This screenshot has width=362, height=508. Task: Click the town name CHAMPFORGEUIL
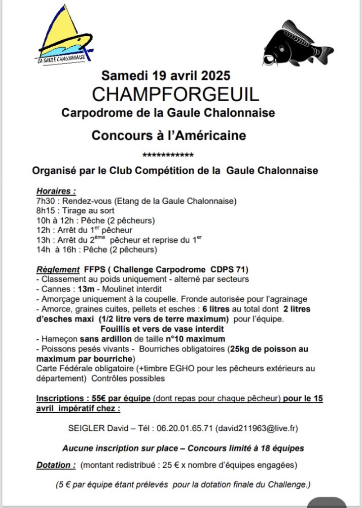point(175,94)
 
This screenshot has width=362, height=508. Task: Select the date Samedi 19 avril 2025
point(166,76)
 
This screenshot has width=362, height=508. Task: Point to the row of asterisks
point(168,155)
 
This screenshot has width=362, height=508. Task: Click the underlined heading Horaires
point(56,192)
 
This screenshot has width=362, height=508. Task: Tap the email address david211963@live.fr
point(257,428)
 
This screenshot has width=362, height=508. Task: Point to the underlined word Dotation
point(56,465)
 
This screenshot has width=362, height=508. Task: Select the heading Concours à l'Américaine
point(168,136)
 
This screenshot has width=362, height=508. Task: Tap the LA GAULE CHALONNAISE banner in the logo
point(62,58)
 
